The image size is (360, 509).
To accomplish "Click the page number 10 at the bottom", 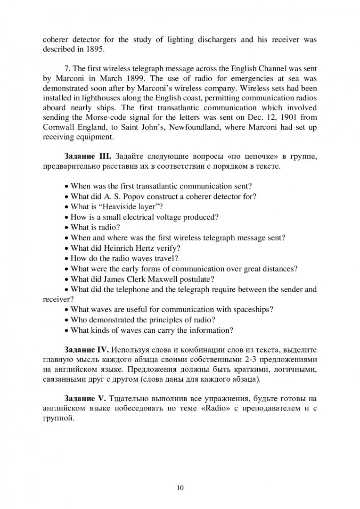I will [x=180, y=475].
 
